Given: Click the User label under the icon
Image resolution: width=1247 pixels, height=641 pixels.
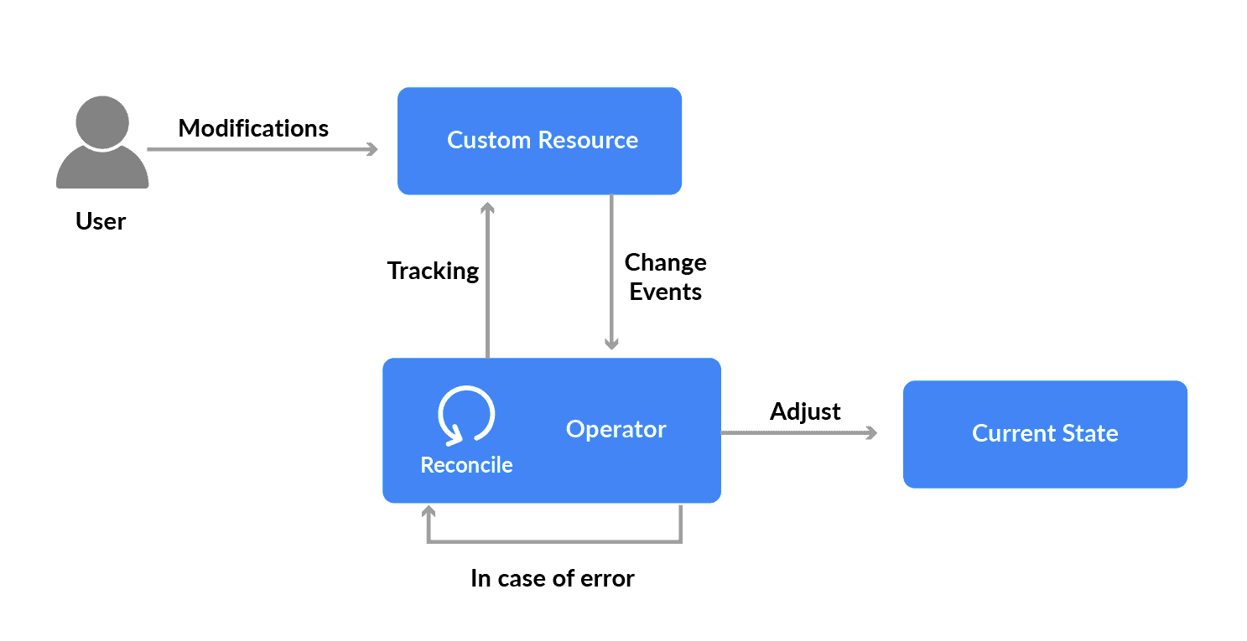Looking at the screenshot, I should tap(101, 221).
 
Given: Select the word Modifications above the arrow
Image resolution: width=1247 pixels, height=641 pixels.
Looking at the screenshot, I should tap(253, 128).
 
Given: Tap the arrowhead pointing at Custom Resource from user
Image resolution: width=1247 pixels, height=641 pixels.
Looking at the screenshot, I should tap(372, 150).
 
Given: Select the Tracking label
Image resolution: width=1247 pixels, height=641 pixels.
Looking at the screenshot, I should tap(433, 271).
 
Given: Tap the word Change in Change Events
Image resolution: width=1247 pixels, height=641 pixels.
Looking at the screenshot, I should tap(665, 262).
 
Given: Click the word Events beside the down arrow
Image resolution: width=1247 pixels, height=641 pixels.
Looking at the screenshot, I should tap(665, 292).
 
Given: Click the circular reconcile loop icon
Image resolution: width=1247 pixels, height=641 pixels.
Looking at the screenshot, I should tap(466, 414).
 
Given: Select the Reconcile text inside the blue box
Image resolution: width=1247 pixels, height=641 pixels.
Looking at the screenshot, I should tap(466, 465).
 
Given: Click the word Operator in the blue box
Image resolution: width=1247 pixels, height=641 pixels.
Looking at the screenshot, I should tap(616, 429).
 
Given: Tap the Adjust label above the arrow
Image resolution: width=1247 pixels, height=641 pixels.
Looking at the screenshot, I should tap(805, 411).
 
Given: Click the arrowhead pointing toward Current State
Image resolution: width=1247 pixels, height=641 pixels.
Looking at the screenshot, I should tap(871, 433).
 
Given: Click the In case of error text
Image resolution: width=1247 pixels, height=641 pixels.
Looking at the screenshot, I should tap(552, 578).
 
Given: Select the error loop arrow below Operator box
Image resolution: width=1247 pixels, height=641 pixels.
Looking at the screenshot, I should tap(553, 541).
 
